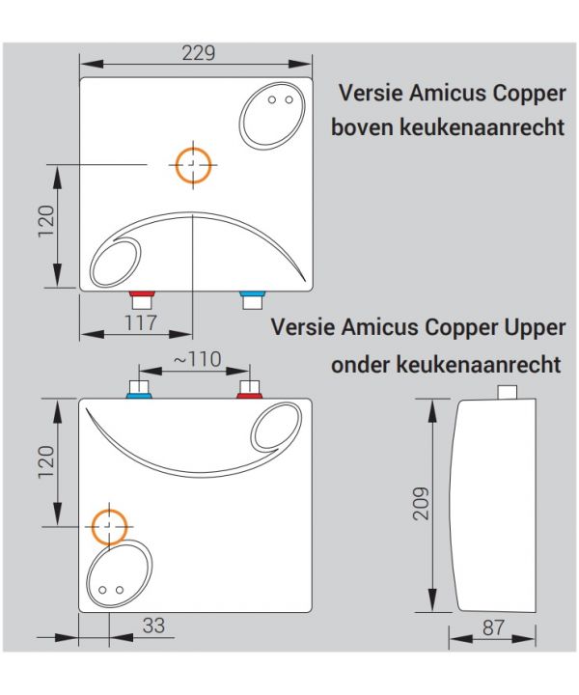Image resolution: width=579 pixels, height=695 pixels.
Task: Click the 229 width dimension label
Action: (199, 53)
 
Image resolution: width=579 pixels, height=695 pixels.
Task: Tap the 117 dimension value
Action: (141, 322)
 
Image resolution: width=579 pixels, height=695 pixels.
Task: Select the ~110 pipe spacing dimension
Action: (197, 359)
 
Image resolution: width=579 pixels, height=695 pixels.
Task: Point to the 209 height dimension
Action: (421, 503)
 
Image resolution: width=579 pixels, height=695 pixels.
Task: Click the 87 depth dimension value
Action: (493, 627)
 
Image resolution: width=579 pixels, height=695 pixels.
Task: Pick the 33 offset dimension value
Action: (153, 625)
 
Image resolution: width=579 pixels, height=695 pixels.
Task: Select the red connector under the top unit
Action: (142, 293)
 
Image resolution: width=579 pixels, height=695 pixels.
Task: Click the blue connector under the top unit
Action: (253, 293)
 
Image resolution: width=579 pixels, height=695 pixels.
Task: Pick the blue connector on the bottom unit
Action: (139, 396)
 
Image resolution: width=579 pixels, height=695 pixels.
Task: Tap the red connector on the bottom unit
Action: (249, 396)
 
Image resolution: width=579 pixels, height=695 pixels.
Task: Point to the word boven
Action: (362, 127)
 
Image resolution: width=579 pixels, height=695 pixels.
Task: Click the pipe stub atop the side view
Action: (508, 392)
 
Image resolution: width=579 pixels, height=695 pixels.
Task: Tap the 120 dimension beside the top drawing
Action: (46, 221)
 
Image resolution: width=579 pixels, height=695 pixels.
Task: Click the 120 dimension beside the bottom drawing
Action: (46, 461)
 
